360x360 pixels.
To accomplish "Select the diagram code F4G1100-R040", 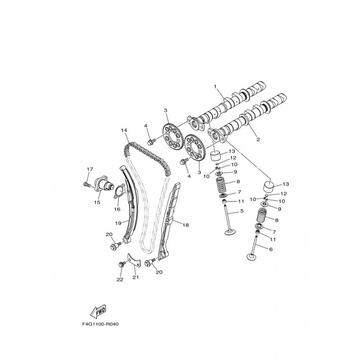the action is pos(100,324).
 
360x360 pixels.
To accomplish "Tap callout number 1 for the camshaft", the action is pos(215,86).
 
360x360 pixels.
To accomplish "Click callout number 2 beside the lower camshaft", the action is pos(258,139).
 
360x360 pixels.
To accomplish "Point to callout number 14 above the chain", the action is pos(124,130).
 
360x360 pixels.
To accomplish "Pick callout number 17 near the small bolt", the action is pos(90,169).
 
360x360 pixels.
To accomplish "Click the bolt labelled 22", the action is pos(121,264).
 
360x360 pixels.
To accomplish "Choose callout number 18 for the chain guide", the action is pos(186,225).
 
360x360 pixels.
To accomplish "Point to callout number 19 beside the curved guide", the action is pos(118,223).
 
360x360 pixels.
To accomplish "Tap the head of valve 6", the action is pos(252,257).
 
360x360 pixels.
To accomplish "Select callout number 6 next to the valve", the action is pos(271,249).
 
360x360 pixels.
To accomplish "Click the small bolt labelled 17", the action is pos(85,184).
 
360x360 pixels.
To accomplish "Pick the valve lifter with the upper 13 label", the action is pos(216,156).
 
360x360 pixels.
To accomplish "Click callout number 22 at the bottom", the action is pos(120,279).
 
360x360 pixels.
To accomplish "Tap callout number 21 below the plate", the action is pos(136,277).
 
